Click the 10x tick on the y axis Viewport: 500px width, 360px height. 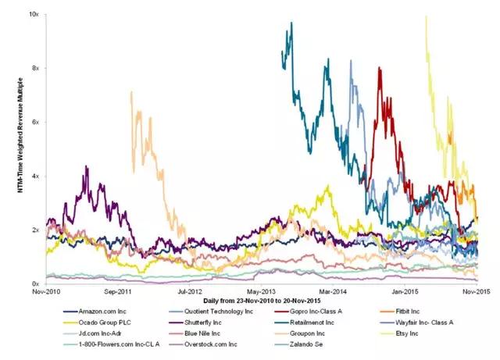click(34, 14)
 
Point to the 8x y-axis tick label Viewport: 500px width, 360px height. click(36, 68)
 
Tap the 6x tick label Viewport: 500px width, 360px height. click(36, 122)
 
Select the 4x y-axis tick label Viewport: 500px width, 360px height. click(36, 176)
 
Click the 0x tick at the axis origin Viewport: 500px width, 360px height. click(36, 283)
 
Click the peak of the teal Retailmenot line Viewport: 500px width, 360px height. click(291, 23)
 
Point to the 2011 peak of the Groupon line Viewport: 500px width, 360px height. click(131, 92)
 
